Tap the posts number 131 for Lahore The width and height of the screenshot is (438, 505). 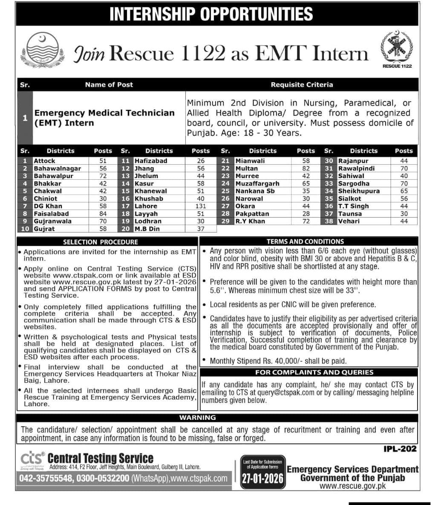(200, 206)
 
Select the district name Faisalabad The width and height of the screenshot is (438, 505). (51, 214)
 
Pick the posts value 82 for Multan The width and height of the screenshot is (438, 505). (305, 169)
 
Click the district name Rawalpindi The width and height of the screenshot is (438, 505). (356, 169)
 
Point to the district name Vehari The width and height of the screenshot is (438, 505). (349, 221)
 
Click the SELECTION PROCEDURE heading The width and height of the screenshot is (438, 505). (101, 242)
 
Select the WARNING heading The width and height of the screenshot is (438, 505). (197, 418)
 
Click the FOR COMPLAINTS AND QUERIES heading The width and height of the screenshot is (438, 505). (314, 373)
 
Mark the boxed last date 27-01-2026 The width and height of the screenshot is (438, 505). (262, 479)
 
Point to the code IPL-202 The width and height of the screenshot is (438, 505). (400, 448)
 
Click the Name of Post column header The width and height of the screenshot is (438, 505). (109, 85)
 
